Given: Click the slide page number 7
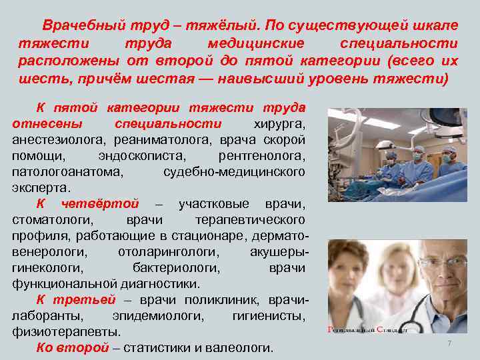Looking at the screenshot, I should click(x=449, y=343).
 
